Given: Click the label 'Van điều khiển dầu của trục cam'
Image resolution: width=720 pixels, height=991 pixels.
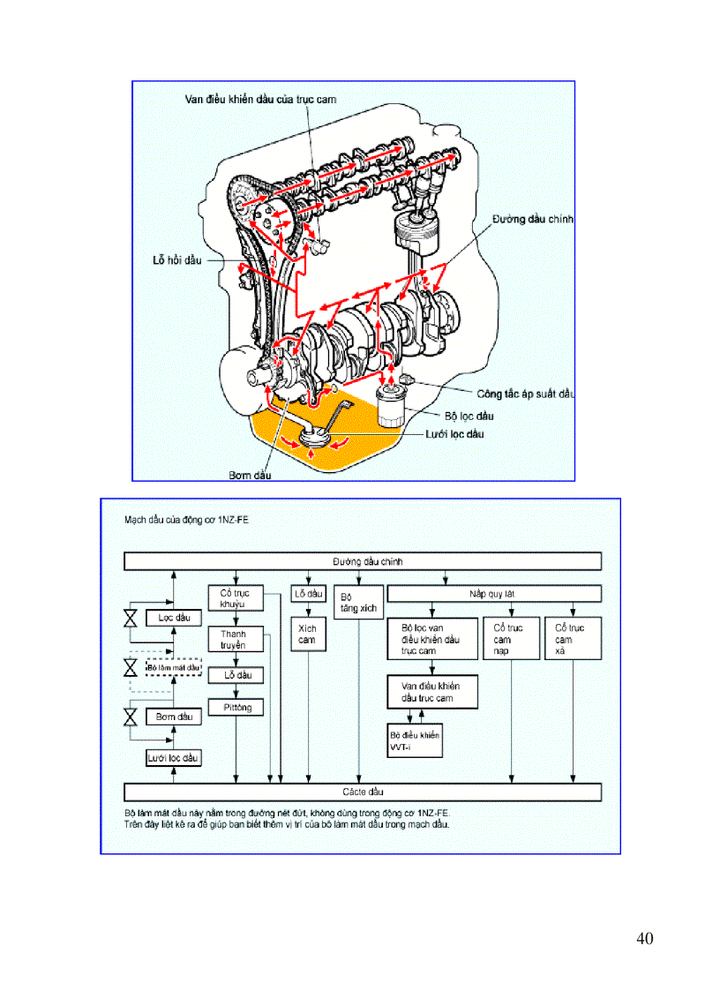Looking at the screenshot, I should pos(260,99).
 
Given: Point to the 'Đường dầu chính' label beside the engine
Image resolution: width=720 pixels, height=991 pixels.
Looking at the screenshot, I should pos(533,219).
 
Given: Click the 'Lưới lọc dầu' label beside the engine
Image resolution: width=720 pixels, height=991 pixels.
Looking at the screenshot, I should pos(451,433).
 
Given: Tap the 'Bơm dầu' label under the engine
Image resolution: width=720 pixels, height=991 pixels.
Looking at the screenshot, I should pos(250,475).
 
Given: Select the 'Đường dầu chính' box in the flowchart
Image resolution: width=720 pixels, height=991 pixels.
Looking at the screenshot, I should pos(363,561).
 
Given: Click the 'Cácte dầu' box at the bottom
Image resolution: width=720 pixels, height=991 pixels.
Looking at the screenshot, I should pos(363,792).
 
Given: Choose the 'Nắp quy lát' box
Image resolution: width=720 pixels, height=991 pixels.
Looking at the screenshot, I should pos(494,594).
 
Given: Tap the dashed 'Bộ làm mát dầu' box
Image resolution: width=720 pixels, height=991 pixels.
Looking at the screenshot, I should pos(174,667).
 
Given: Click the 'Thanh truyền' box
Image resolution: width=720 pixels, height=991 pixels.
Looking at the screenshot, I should pos(235,640).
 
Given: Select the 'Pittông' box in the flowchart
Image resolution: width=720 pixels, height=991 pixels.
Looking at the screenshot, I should pos(236,708).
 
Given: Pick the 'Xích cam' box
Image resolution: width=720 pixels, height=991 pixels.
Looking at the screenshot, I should pos(307,634).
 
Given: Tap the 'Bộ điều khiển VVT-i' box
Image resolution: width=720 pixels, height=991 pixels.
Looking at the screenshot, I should pos(415,740).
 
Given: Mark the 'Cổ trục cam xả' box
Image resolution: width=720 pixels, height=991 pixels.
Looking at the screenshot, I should pos(573,639).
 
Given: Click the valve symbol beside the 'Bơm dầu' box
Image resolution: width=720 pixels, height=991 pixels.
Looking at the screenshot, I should pos(131,717).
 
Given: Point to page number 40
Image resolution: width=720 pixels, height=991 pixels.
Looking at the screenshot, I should pos(644,938).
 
